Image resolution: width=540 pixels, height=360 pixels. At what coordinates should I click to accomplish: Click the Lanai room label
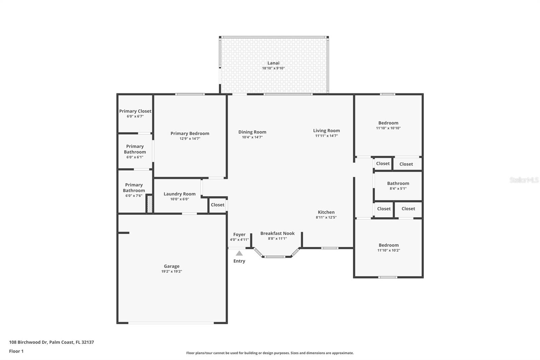273,63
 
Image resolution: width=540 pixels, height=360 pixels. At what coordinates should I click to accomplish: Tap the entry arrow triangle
239,253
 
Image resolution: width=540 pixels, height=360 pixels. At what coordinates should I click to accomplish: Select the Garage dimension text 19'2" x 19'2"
172,271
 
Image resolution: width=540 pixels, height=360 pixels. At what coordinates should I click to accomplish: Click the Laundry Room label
180,194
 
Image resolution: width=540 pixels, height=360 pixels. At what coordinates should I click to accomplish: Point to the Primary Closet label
135,111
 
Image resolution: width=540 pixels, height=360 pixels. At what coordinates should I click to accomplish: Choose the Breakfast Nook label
277,233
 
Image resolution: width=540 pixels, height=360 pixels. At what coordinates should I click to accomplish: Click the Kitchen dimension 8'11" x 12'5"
326,217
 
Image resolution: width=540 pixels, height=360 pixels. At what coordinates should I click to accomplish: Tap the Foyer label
239,234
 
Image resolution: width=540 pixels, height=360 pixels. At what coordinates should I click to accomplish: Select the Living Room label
326,131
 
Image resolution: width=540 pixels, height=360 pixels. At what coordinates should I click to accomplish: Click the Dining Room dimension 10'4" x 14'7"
252,137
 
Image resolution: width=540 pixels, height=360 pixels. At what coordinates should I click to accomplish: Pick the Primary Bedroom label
190,133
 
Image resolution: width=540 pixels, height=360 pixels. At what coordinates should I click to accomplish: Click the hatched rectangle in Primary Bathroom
150,204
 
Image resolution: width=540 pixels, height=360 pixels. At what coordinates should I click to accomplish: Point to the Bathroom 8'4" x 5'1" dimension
398,188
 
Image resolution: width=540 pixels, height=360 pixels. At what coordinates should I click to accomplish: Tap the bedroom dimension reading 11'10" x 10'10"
388,128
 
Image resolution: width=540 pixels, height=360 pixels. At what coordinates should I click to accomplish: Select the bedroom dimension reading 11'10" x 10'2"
388,250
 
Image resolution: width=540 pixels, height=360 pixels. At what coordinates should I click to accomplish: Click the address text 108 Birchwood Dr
28,342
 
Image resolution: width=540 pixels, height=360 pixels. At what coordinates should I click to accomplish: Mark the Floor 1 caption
17,351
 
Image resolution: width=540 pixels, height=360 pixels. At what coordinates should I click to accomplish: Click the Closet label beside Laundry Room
218,205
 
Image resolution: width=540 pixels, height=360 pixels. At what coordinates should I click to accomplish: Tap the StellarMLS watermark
524,180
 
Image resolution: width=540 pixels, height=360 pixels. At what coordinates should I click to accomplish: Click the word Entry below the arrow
239,261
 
